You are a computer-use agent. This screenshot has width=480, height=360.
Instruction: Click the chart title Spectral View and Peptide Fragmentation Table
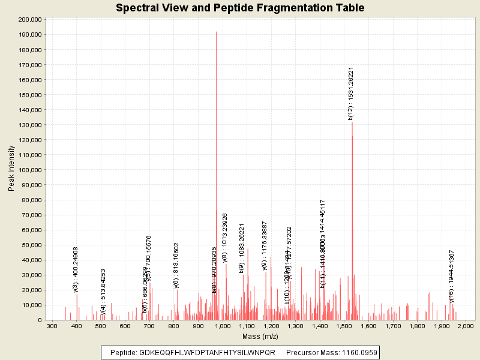point(240,8)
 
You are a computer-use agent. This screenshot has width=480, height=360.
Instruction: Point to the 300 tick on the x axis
point(52,326)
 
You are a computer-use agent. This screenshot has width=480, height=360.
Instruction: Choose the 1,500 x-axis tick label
point(344,326)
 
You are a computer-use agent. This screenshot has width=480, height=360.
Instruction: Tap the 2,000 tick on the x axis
point(466,326)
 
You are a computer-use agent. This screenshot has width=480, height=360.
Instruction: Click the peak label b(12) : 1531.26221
point(351,93)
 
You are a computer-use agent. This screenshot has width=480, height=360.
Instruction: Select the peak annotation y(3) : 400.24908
point(76,270)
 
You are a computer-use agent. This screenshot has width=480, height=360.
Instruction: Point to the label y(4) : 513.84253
point(103,292)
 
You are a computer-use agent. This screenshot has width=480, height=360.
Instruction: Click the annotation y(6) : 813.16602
point(176,266)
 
